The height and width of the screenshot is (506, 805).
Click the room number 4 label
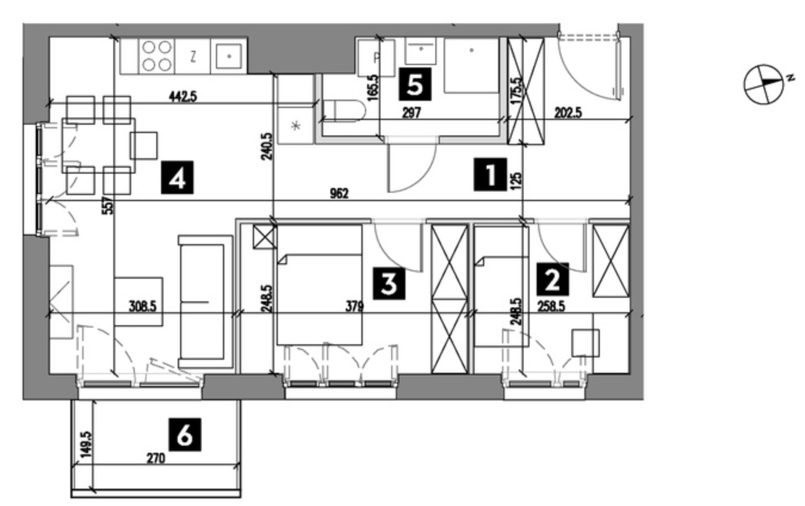[177, 178]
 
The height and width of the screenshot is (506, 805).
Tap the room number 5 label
[414, 84]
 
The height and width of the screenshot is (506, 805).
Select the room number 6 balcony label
[185, 434]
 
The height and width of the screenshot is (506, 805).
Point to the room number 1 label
[490, 174]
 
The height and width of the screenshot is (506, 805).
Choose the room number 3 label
[389, 283]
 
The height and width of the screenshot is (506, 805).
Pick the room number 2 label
[553, 279]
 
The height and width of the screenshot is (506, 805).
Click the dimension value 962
[339, 194]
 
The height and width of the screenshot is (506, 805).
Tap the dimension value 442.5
[183, 97]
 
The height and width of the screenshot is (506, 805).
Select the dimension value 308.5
[143, 307]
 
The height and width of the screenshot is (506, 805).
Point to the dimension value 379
[355, 307]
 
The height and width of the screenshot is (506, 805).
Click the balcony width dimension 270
[156, 458]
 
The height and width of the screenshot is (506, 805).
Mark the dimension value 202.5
[568, 113]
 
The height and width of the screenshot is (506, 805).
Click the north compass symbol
[764, 84]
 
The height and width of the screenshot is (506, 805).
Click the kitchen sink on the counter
[228, 56]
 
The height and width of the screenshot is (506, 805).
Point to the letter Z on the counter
[193, 57]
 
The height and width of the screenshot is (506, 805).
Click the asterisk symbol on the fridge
[296, 126]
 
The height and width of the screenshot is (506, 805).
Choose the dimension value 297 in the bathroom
[411, 113]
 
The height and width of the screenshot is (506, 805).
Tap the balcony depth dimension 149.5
[86, 445]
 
